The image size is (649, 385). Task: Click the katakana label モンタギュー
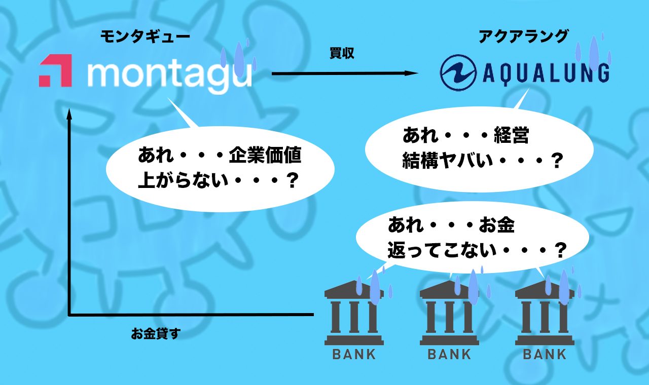[145, 37]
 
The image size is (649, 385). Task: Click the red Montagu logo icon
[55, 70]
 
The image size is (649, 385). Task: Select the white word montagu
[170, 76]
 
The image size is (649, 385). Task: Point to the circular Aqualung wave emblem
[458, 72]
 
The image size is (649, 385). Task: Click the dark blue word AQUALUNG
[546, 74]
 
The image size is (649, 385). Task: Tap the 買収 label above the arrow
[342, 53]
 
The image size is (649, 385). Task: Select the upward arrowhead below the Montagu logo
[69, 114]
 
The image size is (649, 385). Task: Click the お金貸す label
[156, 333]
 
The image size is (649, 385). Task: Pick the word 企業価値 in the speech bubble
[265, 156]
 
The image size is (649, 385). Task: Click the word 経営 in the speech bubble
[512, 135]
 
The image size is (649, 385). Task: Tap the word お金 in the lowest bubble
[496, 224]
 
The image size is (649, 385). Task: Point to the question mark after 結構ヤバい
[556, 161]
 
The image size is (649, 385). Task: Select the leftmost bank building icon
[354, 313]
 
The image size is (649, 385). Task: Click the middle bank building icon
[449, 313]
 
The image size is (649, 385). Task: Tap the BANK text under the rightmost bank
[545, 354]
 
